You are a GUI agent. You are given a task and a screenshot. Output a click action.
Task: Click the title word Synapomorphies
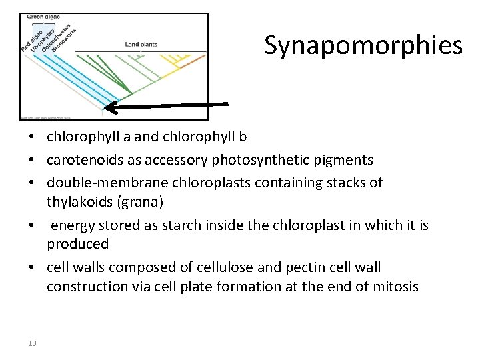[x=363, y=45]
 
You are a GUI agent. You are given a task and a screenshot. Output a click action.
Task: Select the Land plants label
[x=141, y=45]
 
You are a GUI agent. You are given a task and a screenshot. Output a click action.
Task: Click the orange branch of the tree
[x=193, y=62]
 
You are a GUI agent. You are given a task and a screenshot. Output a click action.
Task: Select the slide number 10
[x=32, y=343]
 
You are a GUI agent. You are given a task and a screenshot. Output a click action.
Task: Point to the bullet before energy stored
[x=32, y=226]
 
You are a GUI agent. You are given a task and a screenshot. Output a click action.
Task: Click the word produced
[x=77, y=244]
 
